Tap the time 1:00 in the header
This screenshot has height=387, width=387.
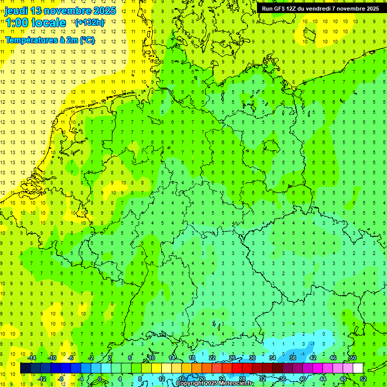(x=18, y=23)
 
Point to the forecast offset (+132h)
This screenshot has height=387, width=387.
(x=89, y=23)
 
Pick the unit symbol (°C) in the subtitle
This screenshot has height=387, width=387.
(x=87, y=40)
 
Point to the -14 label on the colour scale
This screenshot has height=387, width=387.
(x=32, y=358)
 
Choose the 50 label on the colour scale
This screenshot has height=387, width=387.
(x=353, y=358)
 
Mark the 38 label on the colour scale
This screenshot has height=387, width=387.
(x=292, y=358)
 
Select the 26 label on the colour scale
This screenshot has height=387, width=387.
(x=232, y=358)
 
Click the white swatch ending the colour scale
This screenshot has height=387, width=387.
(x=358, y=368)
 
